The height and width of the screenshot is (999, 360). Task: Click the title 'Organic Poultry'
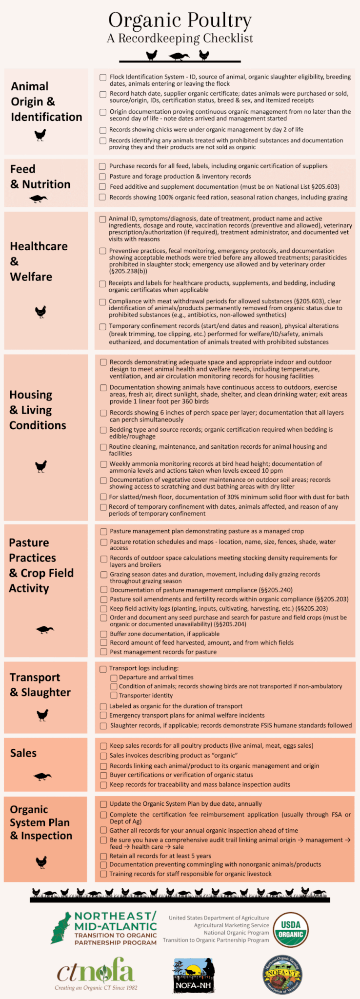(180, 20)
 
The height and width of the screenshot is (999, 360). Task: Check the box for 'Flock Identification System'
(103, 78)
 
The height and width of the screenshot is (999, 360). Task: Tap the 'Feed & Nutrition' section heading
(40, 177)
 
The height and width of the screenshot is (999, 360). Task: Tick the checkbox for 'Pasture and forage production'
(102, 177)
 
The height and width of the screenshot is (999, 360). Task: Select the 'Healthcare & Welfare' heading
(39, 261)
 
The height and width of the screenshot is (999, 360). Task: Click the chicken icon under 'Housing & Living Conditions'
(41, 466)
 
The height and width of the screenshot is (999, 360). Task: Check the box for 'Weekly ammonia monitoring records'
(103, 464)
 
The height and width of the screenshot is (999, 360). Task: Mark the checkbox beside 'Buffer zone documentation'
(103, 634)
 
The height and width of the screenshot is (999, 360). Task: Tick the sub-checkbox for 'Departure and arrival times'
(114, 678)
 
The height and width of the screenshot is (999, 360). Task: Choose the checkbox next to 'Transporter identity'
(114, 696)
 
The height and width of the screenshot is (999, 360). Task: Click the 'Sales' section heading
(23, 753)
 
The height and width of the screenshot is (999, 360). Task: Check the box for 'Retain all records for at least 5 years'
(103, 856)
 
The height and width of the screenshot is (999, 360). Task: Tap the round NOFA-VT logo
(283, 975)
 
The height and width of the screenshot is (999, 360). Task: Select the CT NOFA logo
(96, 973)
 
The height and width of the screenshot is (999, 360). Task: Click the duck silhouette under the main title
(179, 56)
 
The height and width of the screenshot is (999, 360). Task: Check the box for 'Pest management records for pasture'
(103, 652)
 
